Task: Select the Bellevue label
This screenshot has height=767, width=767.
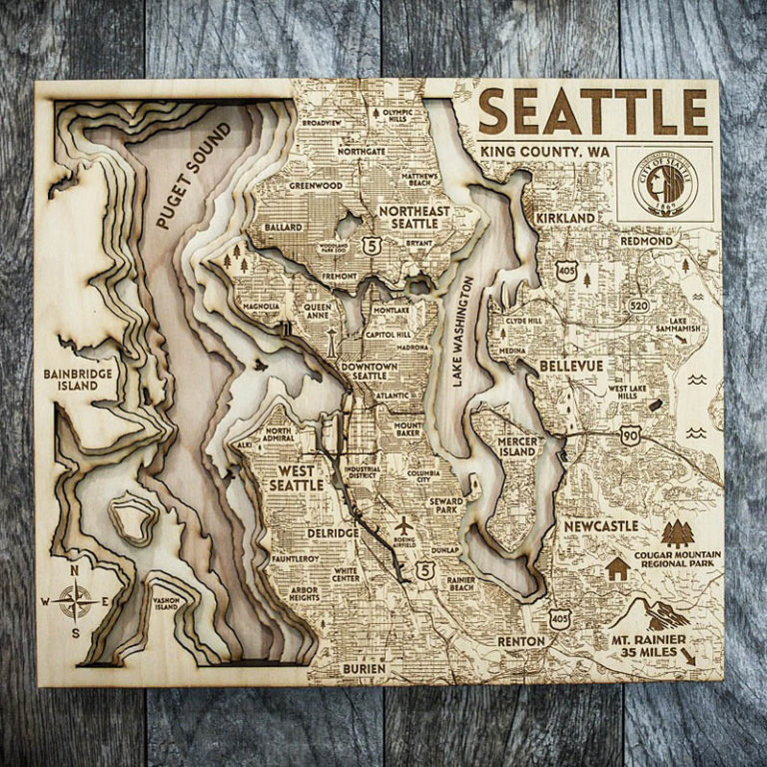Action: [x=571, y=367]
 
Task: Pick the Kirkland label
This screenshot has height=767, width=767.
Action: [x=565, y=217]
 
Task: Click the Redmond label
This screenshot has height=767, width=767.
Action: [x=646, y=242]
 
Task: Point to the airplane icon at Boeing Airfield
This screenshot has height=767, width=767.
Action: [x=403, y=525]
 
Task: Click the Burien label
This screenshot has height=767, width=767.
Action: [x=363, y=667]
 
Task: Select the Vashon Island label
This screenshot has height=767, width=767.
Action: [x=166, y=602]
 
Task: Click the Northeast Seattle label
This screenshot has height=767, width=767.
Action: [x=414, y=218]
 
